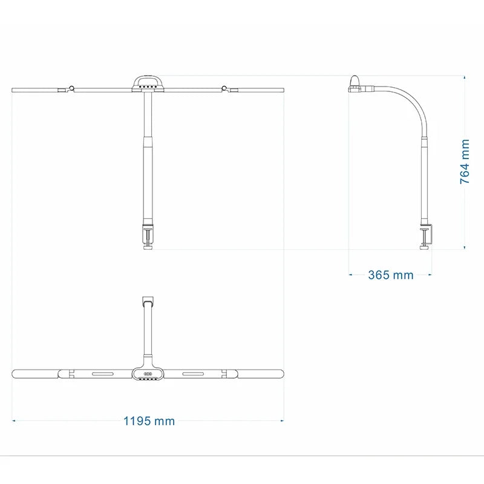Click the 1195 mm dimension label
pos(149,420)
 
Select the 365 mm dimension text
pos(391,275)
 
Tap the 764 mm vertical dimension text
pos(464,162)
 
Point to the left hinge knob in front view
pos(72,88)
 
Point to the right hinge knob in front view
pos(224,88)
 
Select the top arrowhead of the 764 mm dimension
pos(464,79)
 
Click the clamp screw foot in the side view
pos(422,245)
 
